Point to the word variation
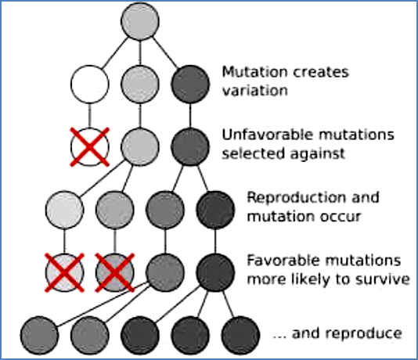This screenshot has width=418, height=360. (250, 90)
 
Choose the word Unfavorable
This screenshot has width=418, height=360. (261, 136)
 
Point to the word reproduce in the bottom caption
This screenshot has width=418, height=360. (362, 333)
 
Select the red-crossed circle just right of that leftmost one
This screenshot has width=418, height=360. (114, 271)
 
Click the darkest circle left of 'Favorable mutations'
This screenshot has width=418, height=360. (213, 271)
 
